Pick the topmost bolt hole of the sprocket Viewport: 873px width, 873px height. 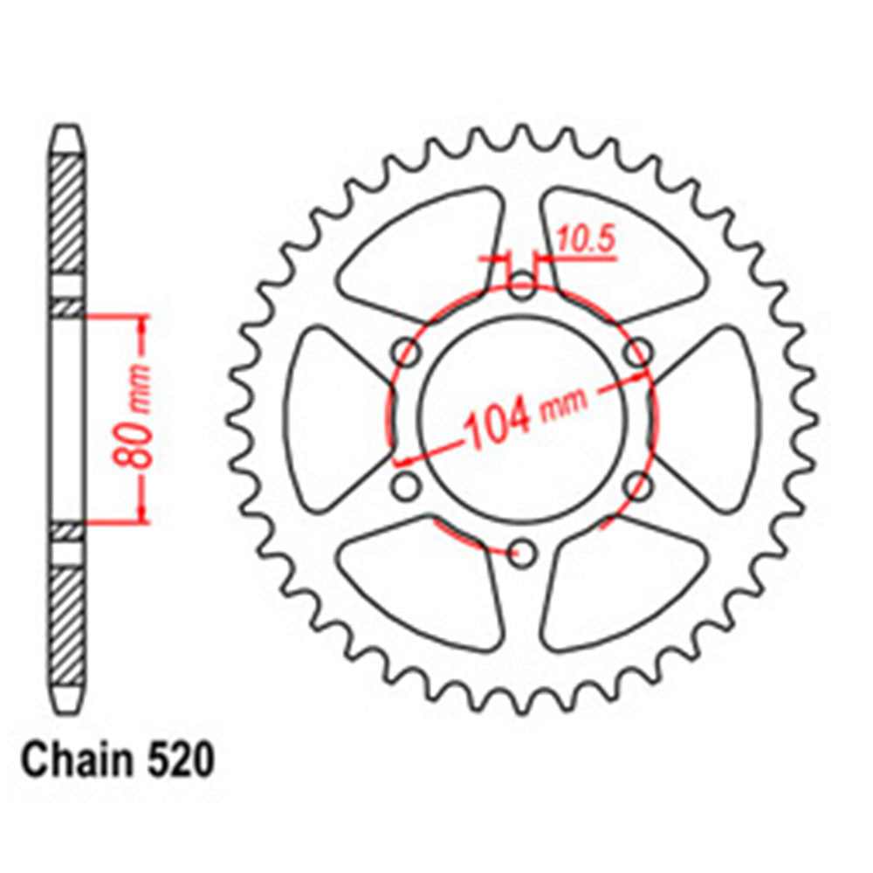click(x=522, y=285)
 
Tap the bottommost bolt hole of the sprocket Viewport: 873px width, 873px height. click(x=523, y=551)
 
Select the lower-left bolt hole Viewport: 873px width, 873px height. click(x=406, y=486)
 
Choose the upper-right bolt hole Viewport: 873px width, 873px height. click(x=639, y=353)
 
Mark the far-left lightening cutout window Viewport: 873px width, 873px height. click(x=336, y=418)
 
